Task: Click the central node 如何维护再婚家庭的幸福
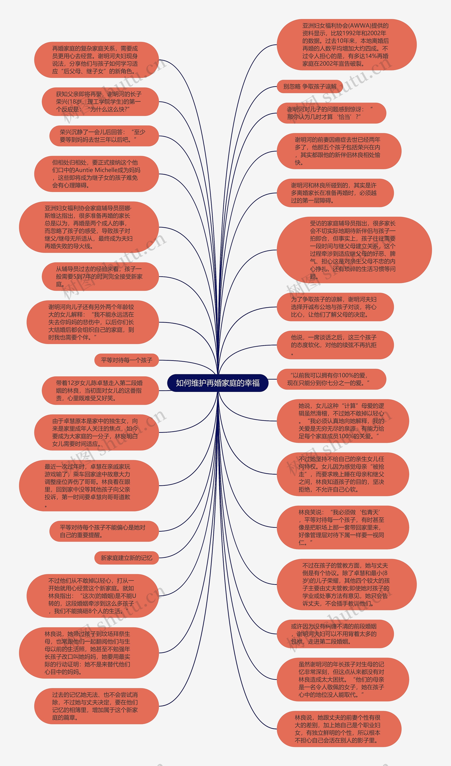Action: point(218,383)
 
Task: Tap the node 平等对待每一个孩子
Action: point(127,360)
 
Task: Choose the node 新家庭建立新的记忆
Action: point(127,558)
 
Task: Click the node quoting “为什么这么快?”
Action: point(100,102)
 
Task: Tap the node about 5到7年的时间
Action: point(100,277)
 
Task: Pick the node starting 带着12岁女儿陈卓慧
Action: point(100,391)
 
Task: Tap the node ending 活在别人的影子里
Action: point(339,729)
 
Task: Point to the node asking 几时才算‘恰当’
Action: point(331,113)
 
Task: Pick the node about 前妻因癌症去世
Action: point(339,151)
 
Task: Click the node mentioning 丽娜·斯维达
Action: point(89,227)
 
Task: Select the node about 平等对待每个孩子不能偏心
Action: point(104,531)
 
